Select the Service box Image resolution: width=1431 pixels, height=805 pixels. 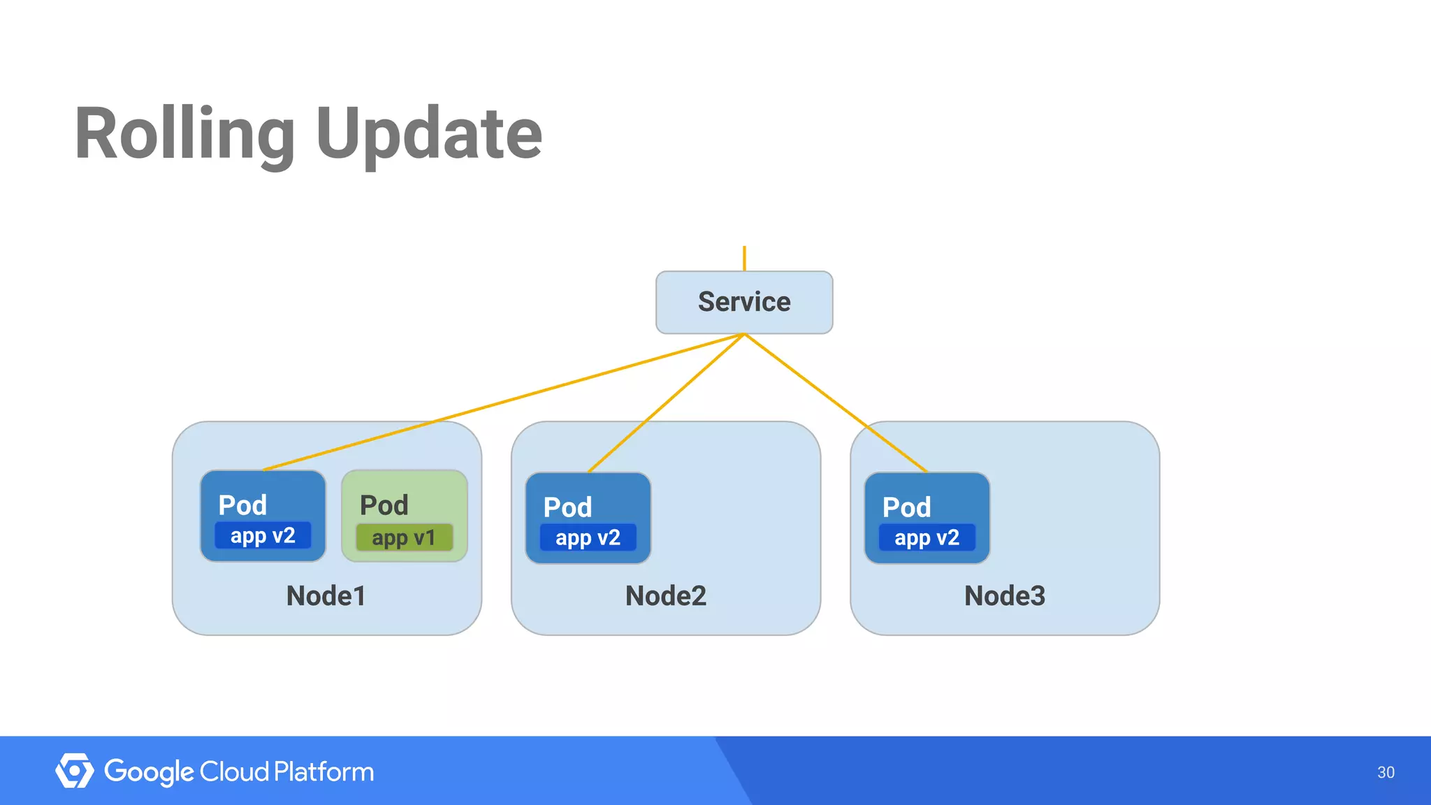click(744, 302)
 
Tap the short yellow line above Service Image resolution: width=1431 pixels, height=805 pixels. click(744, 258)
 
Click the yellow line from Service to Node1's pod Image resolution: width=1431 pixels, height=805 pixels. click(503, 402)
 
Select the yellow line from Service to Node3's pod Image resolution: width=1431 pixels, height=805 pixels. click(836, 402)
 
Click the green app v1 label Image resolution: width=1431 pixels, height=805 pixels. click(404, 537)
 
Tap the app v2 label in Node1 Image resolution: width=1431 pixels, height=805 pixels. click(263, 535)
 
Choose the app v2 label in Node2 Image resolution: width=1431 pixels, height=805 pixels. click(588, 537)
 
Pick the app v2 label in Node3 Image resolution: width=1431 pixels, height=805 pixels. click(927, 537)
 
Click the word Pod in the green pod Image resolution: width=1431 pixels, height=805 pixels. click(384, 505)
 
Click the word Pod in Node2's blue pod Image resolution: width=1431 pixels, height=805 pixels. click(567, 507)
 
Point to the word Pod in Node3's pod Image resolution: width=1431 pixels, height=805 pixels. click(906, 507)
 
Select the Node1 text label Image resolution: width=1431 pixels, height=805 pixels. click(326, 595)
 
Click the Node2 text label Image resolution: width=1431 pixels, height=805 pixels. click(665, 595)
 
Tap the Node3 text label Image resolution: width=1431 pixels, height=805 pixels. click(1004, 595)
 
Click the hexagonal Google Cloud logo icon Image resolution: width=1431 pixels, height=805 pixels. click(74, 771)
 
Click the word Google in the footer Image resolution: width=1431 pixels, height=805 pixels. click(149, 772)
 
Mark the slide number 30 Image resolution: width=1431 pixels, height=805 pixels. click(1385, 772)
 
